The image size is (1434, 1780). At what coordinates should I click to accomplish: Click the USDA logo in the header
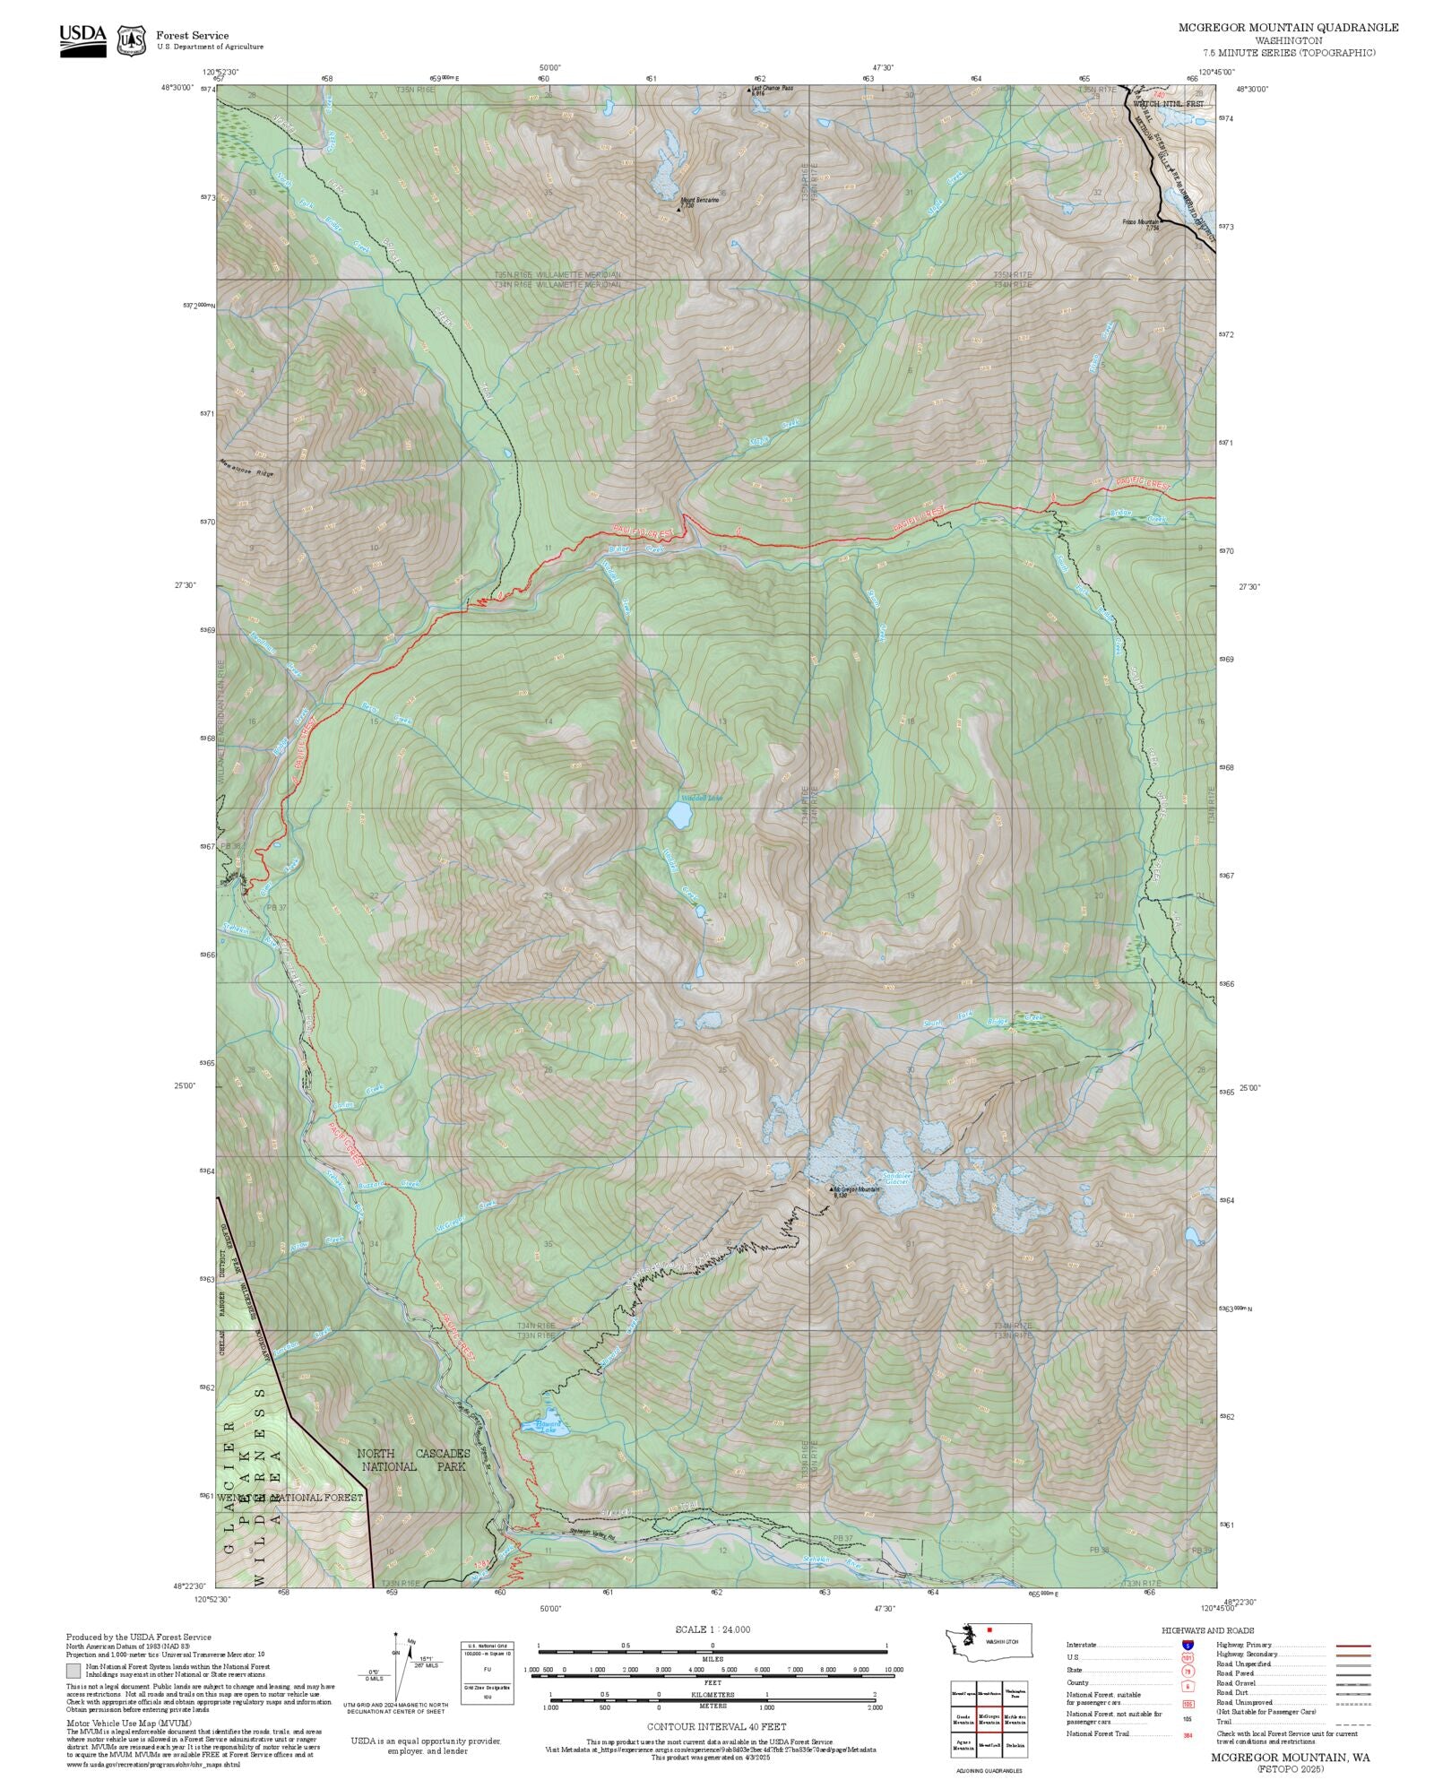[x=82, y=40]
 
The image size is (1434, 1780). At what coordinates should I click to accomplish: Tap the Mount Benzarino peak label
[x=699, y=201]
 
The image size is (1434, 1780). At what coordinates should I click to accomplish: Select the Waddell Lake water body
[x=679, y=815]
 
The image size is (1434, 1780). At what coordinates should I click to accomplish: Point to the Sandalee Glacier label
[x=896, y=1178]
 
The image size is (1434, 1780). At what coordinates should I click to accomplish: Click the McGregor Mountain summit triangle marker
[x=829, y=1189]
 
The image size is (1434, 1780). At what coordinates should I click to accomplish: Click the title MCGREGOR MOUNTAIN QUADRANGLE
[x=1288, y=28]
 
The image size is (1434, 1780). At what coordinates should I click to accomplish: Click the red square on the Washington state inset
[x=989, y=1630]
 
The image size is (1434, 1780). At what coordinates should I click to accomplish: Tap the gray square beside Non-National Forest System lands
[x=73, y=1671]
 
